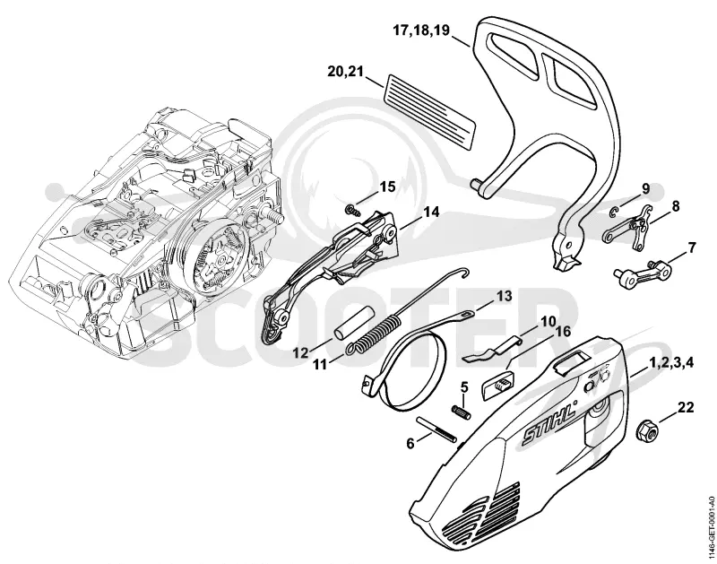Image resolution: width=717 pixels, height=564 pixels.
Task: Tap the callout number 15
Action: tap(388, 187)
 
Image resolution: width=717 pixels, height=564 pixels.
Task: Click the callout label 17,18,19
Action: tap(421, 30)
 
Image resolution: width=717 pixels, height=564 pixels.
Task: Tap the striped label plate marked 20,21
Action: tap(429, 112)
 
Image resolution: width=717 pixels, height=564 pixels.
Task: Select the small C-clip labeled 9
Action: tap(615, 212)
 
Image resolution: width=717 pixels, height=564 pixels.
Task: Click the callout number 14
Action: tap(431, 213)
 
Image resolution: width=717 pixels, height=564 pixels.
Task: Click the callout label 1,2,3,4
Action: tap(670, 362)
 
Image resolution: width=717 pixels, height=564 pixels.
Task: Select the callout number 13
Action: tap(505, 297)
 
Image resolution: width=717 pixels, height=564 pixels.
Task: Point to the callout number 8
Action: tap(676, 206)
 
